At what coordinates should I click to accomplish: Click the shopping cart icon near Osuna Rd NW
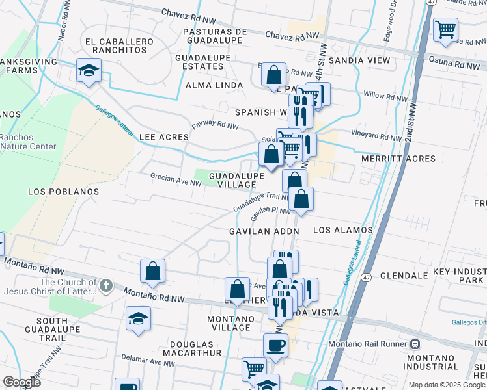click(x=445, y=29)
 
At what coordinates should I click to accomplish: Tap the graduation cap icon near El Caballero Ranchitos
click(x=89, y=70)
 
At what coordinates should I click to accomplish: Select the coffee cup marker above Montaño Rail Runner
click(x=275, y=345)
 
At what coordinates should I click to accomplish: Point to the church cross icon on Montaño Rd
click(x=105, y=286)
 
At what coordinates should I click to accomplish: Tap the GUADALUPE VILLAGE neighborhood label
click(x=236, y=180)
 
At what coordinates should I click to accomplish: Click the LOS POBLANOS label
click(x=64, y=192)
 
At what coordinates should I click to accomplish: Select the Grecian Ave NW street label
click(x=176, y=179)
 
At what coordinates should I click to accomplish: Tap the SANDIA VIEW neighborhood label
click(x=359, y=60)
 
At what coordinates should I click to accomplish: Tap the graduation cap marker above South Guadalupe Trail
click(x=138, y=318)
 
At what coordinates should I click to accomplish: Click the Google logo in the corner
click(x=21, y=382)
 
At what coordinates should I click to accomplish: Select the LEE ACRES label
click(x=164, y=137)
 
